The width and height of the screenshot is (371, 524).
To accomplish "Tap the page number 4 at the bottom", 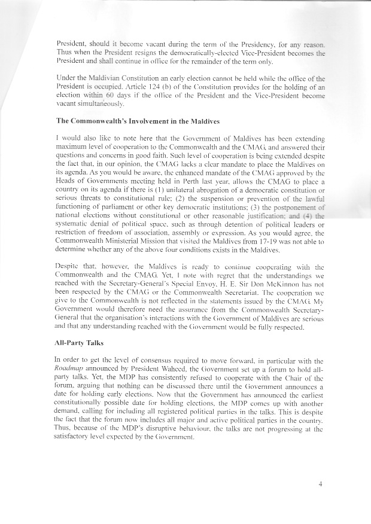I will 321,484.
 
